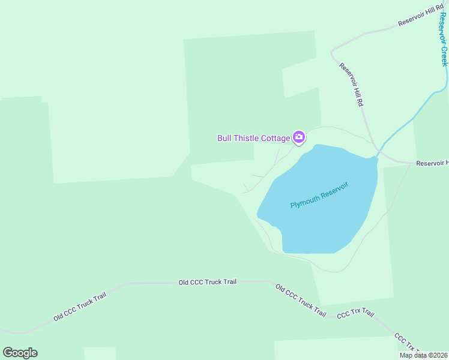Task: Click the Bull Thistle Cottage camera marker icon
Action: coord(299,138)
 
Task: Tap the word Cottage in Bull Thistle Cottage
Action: coord(276,139)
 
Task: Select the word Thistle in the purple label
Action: coord(246,139)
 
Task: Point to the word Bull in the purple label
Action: coord(224,139)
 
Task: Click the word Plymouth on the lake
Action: coord(305,202)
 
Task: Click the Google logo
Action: coord(20,353)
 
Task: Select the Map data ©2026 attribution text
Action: coord(423,355)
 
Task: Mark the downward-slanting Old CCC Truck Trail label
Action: coord(301,300)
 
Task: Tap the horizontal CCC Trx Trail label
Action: coord(355,314)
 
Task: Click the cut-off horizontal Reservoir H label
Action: coord(432,163)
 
